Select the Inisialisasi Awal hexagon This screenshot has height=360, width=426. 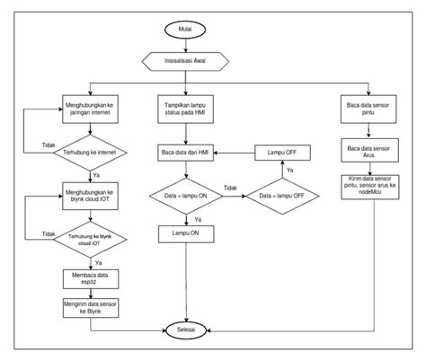(187, 62)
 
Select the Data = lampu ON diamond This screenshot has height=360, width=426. (187, 195)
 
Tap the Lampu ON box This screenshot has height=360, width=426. (187, 233)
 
